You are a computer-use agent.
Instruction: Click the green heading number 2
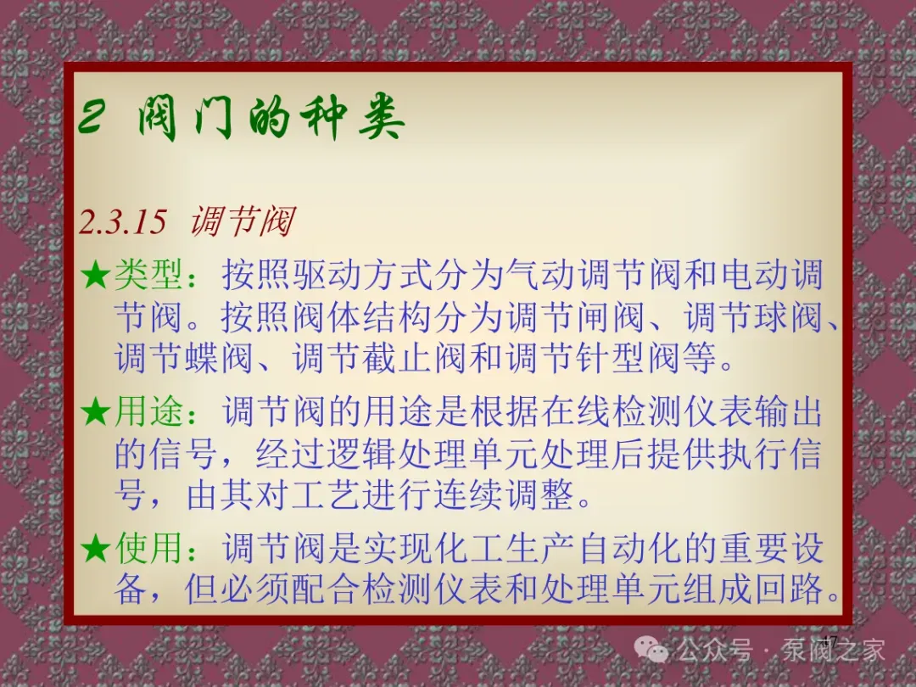(x=93, y=116)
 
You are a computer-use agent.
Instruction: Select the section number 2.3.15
(x=123, y=222)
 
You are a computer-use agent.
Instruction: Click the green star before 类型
(x=95, y=275)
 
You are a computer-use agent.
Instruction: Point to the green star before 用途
(x=95, y=412)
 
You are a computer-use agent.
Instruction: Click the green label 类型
(x=148, y=275)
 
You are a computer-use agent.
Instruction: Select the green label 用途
(x=148, y=411)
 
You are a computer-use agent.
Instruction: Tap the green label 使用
(x=148, y=548)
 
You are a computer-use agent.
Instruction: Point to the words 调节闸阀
(x=575, y=316)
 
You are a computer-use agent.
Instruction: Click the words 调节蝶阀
(x=183, y=358)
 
